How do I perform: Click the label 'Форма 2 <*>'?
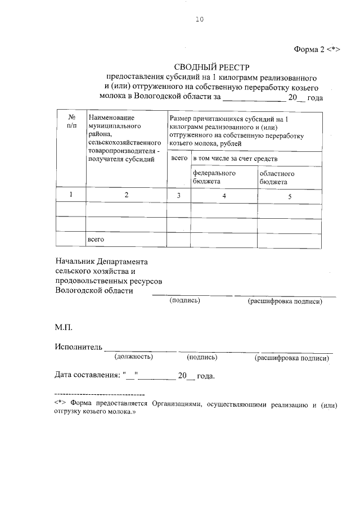click(x=314, y=49)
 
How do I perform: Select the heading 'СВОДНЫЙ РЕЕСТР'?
click(x=211, y=67)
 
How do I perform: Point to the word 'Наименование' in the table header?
click(x=111, y=118)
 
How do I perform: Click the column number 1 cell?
click(x=71, y=195)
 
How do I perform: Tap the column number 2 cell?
click(x=126, y=195)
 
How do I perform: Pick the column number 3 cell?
click(x=178, y=195)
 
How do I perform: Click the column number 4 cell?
click(x=224, y=196)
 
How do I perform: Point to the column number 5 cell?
click(x=290, y=196)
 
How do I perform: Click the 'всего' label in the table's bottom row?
click(x=96, y=240)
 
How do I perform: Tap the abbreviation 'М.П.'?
click(x=64, y=326)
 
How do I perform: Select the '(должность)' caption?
click(x=133, y=357)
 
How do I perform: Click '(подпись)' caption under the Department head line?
click(x=185, y=300)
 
